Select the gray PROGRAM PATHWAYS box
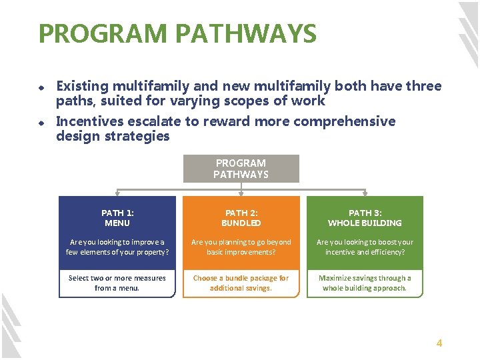point(241,169)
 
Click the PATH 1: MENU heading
point(117,217)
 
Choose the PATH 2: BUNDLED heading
point(241,217)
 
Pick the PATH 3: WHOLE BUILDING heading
point(365,217)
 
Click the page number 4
point(439,343)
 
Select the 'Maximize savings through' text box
point(365,283)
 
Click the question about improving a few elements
point(117,247)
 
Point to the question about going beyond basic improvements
point(241,247)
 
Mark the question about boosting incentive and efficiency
point(365,247)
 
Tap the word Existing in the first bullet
point(82,86)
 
